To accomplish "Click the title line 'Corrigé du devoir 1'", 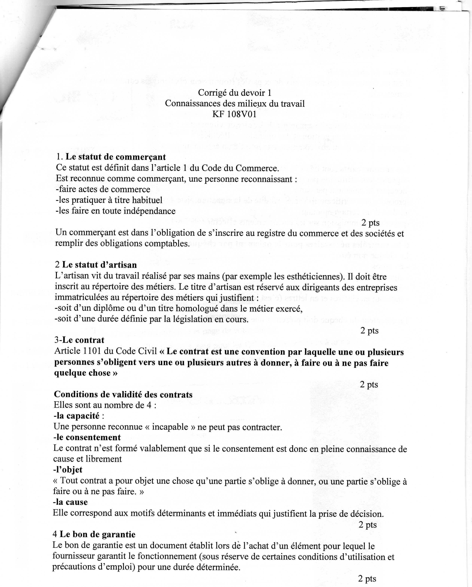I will [x=235, y=93].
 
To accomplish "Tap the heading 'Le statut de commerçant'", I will [x=116, y=157].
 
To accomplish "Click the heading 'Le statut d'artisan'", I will [x=99, y=265].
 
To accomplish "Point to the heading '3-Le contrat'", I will [x=79, y=340].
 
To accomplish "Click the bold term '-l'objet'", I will [x=68, y=470].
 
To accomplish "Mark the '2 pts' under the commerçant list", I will [x=370, y=223].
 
